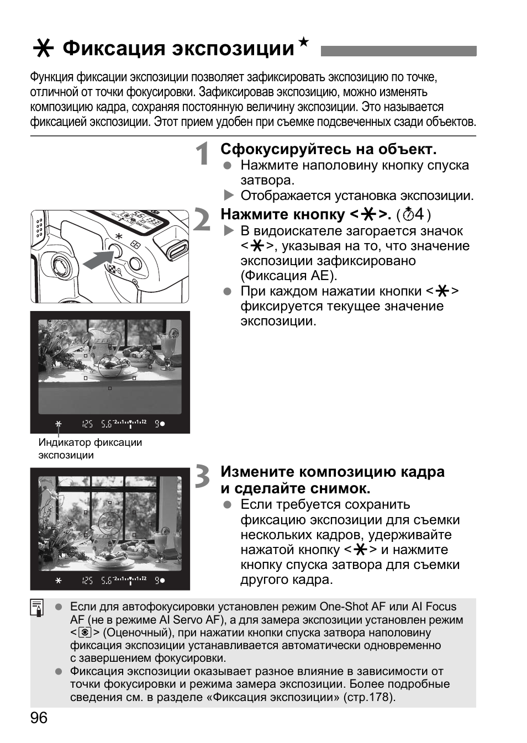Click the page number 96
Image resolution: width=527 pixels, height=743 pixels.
[39, 718]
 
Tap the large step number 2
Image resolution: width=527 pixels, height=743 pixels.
[203, 219]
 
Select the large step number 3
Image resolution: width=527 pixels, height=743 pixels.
[203, 476]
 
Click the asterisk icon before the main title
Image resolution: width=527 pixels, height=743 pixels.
[43, 49]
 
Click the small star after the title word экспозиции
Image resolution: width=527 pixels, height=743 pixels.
[303, 41]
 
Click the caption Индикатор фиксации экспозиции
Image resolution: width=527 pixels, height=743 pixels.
[89, 449]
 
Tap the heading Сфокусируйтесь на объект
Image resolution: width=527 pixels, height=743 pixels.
[328, 149]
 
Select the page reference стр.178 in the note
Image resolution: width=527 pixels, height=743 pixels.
[368, 697]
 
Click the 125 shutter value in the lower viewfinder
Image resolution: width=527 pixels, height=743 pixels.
[87, 581]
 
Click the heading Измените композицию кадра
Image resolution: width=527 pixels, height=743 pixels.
[332, 472]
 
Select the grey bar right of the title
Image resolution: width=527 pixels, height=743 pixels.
[398, 51]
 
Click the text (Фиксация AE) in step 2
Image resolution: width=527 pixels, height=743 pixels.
[288, 276]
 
